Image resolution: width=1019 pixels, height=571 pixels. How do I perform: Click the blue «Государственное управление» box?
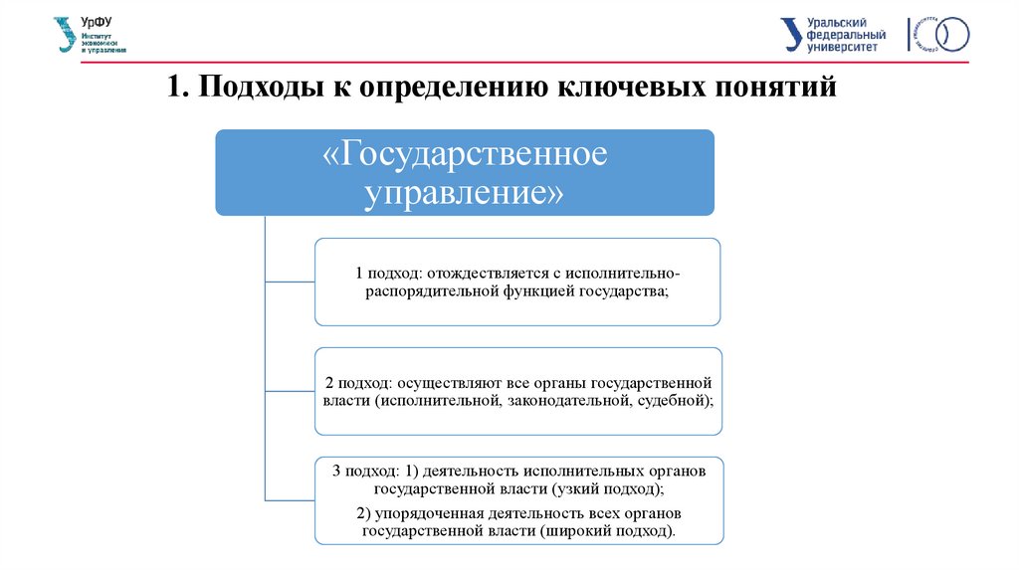pyautogui.click(x=465, y=171)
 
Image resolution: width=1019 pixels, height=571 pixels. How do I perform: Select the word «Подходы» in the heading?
pyautogui.click(x=254, y=87)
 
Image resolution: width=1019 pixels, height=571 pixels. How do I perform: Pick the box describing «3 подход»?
pyautogui.click(x=518, y=500)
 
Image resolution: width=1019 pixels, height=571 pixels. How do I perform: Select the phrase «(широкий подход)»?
pyautogui.click(x=608, y=531)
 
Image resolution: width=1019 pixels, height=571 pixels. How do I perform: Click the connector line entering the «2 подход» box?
pyautogui.click(x=290, y=391)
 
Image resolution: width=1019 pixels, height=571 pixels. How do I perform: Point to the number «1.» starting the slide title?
pyautogui.click(x=179, y=87)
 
